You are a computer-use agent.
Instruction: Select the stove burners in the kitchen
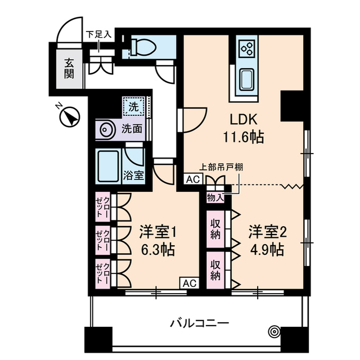246,48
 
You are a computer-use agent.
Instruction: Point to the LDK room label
242,120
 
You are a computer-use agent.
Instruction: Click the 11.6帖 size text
242,137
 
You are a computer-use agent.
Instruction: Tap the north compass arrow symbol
70,118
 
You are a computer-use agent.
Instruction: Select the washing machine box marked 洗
133,105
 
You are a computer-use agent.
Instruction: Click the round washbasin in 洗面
107,129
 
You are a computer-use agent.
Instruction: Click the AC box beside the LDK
192,180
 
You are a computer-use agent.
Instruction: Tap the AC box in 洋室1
188,283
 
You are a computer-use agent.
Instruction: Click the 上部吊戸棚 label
224,167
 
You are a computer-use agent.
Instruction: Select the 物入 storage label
215,197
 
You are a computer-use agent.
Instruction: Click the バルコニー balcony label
199,323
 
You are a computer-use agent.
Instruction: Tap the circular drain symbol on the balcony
274,331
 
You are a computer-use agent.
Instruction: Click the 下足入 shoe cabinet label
98,34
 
